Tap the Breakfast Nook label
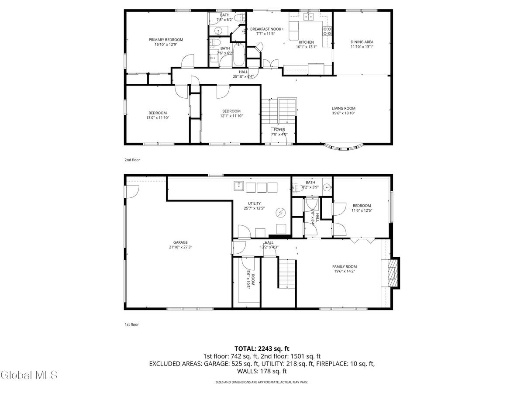(x=265, y=29)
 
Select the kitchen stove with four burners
(x=327, y=31)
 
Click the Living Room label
(x=343, y=108)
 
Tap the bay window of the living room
(x=344, y=148)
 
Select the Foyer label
(x=279, y=130)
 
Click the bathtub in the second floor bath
(x=239, y=55)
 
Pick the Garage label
(x=180, y=242)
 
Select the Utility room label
(x=254, y=203)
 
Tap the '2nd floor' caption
(x=132, y=160)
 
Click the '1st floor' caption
(x=132, y=324)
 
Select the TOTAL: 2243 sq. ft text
(x=262, y=348)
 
